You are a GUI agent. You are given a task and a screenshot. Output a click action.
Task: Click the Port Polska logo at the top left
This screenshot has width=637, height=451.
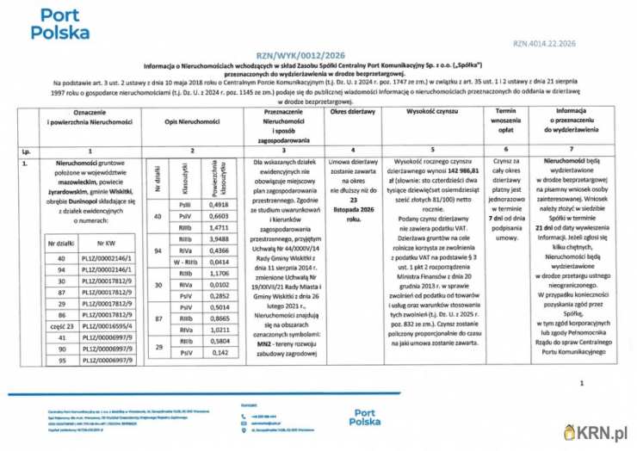[x=59, y=24]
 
